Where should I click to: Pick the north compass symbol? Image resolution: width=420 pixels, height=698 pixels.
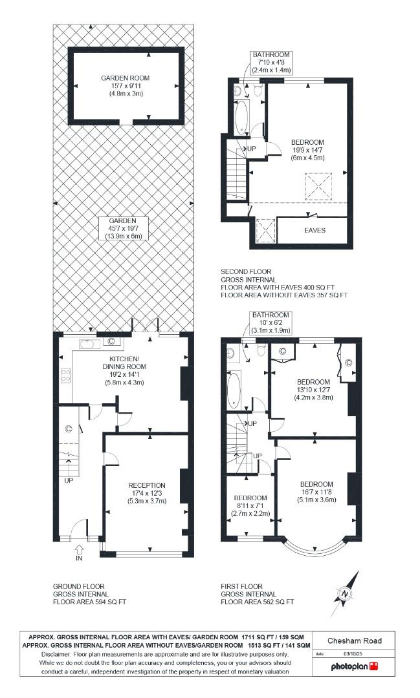point(345,591)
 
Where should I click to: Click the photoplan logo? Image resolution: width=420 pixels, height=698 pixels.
point(354,666)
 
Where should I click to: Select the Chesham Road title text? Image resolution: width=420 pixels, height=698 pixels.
point(354,641)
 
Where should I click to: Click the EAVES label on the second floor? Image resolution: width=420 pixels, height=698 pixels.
point(315,230)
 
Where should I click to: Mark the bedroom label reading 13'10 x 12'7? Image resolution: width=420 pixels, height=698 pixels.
point(314,389)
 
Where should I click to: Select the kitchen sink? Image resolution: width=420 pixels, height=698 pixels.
point(87,344)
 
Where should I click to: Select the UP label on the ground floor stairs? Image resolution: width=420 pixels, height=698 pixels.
point(68,481)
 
